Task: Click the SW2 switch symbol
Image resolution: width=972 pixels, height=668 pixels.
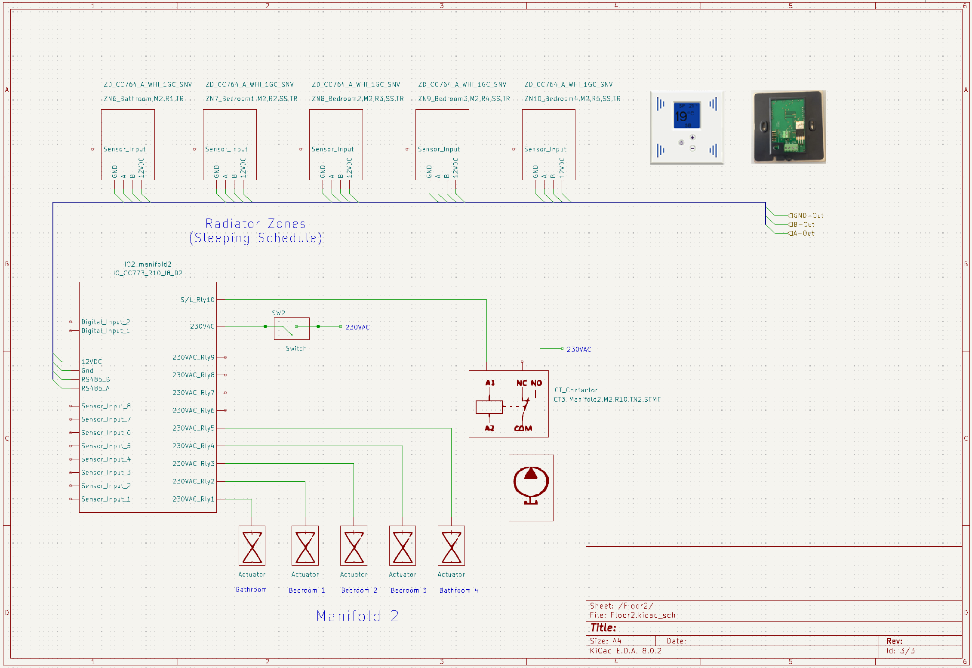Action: coord(292,329)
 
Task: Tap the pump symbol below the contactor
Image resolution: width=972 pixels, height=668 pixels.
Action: coord(531,488)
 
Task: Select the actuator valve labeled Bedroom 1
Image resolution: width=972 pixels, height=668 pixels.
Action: coord(305,545)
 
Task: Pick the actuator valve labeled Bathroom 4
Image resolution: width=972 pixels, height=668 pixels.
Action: coord(451,545)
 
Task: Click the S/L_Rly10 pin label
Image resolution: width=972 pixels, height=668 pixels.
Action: coord(197,300)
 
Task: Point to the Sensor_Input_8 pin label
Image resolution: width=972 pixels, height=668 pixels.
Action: coord(106,406)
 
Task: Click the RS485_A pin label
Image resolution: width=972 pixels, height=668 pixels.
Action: coord(95,388)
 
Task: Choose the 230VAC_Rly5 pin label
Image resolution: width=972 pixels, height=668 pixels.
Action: coord(193,428)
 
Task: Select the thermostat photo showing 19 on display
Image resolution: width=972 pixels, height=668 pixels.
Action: coord(687,127)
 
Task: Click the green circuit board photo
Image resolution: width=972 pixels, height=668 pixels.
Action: coord(788,127)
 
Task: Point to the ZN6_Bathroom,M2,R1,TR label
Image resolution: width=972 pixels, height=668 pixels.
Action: coord(144,99)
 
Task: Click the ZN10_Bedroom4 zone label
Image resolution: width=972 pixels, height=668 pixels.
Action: coord(572,99)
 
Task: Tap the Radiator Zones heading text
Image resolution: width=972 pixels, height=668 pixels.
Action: coord(255,224)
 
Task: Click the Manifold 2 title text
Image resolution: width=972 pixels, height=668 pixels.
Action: coord(357,616)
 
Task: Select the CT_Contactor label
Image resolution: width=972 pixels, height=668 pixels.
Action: coord(576,390)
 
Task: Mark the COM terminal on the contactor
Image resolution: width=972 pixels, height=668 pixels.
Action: coord(523,428)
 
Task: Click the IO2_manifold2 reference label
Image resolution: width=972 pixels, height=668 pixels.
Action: coord(148,264)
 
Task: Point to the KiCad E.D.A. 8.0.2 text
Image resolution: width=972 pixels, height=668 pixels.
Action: coord(625,651)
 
